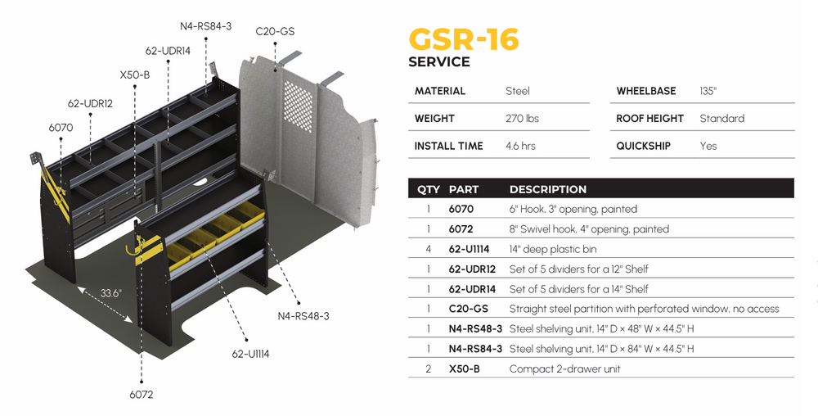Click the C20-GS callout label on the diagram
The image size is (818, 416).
click(x=275, y=32)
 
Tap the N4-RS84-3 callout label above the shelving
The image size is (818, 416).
click(x=205, y=26)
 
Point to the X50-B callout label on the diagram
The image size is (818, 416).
click(x=135, y=75)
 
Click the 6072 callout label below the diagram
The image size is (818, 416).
click(x=141, y=394)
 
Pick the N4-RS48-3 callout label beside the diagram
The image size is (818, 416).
click(x=303, y=315)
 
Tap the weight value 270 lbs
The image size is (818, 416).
click(x=522, y=118)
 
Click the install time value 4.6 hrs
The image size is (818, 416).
click(x=522, y=146)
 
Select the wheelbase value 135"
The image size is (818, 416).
click(x=708, y=91)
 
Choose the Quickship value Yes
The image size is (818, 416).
click(x=708, y=146)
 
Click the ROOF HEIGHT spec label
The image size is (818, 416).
click(x=649, y=118)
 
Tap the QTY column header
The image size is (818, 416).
click(x=429, y=189)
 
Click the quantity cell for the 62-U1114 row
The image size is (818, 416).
click(x=429, y=249)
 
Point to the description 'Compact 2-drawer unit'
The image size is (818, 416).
click(x=564, y=369)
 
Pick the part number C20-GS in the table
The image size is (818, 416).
click(x=469, y=309)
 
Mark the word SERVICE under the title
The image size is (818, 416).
click(x=438, y=62)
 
